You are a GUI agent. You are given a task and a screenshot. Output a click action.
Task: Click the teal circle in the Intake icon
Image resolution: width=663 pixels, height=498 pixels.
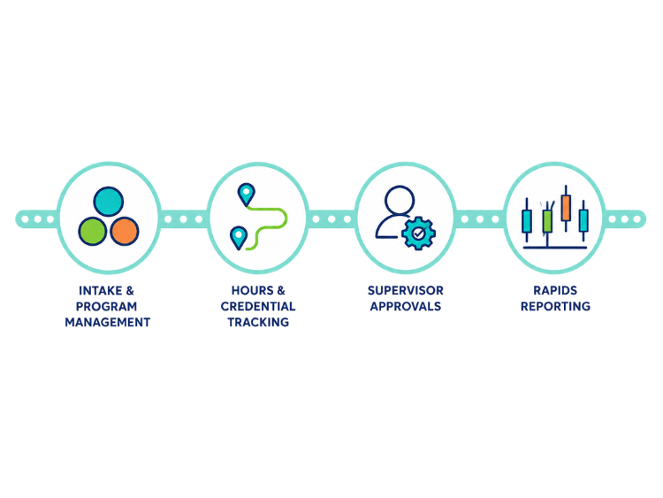point(108,202)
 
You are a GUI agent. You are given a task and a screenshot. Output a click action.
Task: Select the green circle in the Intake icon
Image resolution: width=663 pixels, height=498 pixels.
point(93,231)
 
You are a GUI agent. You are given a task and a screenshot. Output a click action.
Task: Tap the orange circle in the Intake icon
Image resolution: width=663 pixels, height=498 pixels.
point(125,231)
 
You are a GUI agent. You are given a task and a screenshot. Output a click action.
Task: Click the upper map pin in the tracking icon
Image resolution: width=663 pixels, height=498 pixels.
point(246,195)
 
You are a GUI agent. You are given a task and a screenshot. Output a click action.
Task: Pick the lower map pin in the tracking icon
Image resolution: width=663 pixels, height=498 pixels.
point(239,237)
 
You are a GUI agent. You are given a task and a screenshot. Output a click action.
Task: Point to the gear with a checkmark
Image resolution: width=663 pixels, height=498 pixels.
point(418,234)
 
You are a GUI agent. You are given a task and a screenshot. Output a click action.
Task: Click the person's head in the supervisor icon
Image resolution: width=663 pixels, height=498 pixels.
point(400,200)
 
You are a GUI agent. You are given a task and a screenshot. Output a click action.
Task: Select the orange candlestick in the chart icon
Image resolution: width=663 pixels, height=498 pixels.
point(566,207)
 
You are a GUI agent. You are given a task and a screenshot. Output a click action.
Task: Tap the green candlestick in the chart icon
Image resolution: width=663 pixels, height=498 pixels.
point(547,221)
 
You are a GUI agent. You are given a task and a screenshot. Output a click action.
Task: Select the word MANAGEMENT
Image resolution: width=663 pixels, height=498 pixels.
point(107,322)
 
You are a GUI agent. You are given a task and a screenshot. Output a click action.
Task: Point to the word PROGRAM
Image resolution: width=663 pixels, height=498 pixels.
point(107,306)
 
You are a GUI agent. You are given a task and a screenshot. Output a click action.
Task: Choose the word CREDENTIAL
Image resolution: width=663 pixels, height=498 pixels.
point(258,306)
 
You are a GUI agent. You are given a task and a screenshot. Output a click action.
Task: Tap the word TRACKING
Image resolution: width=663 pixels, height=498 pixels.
point(258,322)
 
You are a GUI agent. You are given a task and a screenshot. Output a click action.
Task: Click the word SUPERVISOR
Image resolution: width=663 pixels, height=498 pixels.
point(406,291)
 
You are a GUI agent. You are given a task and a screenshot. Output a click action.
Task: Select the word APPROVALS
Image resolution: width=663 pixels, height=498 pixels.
point(406,306)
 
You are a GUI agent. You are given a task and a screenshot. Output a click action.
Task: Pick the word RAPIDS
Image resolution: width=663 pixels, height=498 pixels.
point(555,291)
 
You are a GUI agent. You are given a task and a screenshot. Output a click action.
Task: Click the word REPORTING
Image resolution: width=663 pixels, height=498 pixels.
point(555,306)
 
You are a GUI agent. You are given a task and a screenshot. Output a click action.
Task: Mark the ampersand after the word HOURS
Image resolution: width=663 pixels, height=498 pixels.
point(281,291)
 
